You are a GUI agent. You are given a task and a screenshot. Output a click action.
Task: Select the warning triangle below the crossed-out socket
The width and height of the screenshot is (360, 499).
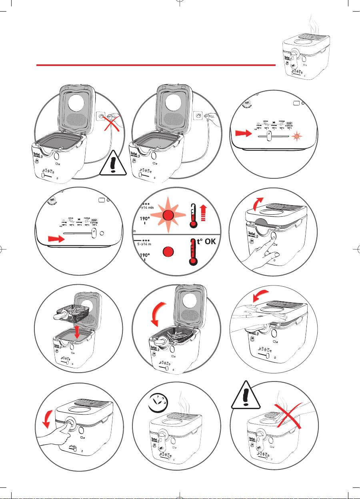[x=113, y=163]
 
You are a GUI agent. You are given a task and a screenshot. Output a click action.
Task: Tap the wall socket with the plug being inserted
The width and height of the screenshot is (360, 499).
[x=198, y=116]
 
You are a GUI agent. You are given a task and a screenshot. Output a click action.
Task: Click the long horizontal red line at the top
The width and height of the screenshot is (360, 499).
[x=156, y=65]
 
